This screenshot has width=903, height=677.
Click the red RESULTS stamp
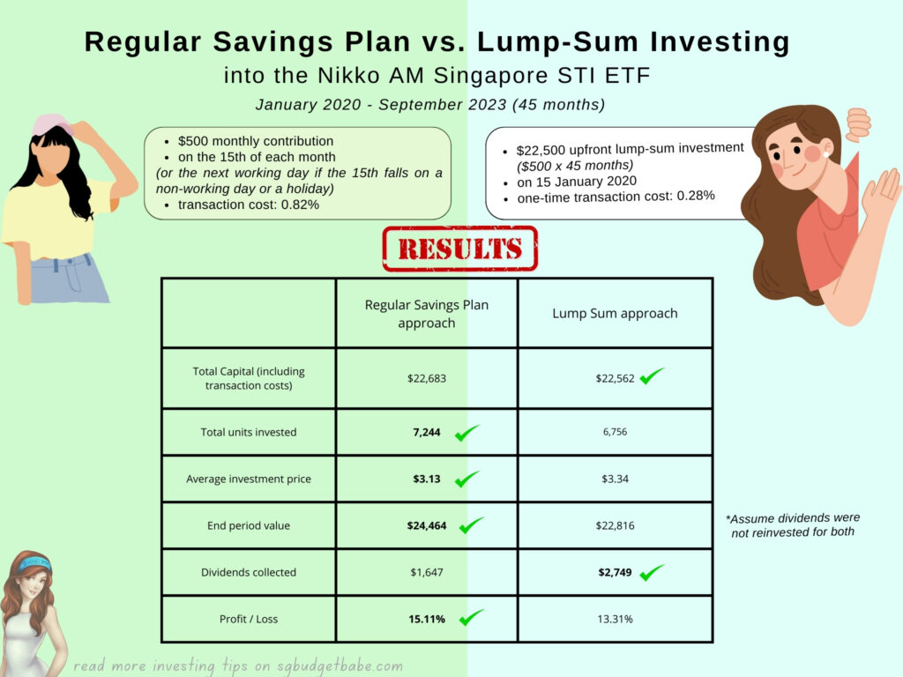point(460,249)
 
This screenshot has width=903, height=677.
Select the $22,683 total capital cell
point(427,378)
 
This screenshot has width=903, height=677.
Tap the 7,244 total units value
point(427,432)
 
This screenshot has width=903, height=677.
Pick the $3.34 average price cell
point(615,479)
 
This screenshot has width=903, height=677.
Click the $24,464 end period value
point(427,525)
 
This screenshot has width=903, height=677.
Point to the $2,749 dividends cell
point(615,572)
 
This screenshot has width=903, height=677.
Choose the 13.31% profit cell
point(615,619)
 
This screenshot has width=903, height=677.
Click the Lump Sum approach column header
point(615,313)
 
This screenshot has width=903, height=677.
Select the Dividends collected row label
point(249,572)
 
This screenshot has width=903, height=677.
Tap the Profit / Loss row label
point(249,619)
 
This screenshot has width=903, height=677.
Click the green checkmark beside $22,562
point(652,376)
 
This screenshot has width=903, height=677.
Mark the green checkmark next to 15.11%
point(471,617)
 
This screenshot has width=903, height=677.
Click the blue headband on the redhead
point(34,563)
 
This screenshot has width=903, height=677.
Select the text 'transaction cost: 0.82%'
point(248,205)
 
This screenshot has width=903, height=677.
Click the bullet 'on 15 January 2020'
point(577,182)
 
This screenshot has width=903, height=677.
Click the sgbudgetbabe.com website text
point(340,666)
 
